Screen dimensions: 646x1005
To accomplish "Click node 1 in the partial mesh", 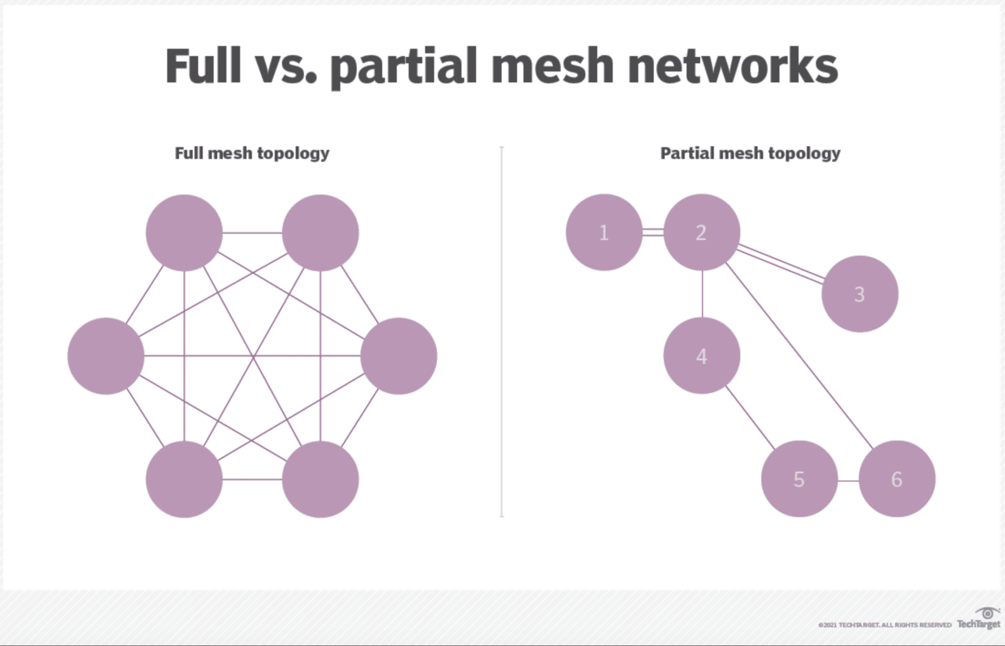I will pyautogui.click(x=604, y=232).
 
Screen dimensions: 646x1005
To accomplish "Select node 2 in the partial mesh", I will pyautogui.click(x=702, y=232).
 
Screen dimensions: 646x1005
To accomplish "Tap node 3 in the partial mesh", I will pyautogui.click(x=860, y=294).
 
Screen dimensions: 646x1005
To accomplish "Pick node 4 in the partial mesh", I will pyautogui.click(x=702, y=356).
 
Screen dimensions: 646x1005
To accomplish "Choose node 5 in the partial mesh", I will pyautogui.click(x=799, y=479).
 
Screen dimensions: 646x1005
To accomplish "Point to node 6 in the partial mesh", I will pyautogui.click(x=897, y=479).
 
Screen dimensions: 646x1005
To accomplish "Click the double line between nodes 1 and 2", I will pyautogui.click(x=653, y=232).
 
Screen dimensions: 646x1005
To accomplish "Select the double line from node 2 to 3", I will pyautogui.click(x=780, y=263).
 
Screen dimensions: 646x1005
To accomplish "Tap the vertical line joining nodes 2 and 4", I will pyautogui.click(x=702, y=294).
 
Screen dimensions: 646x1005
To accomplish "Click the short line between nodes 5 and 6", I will pyautogui.click(x=848, y=480).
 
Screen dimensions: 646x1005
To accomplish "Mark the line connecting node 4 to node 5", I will pyautogui.click(x=750, y=417).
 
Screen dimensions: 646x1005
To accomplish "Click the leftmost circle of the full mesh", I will pyautogui.click(x=106, y=356).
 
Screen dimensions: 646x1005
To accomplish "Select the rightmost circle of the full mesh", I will pyautogui.click(x=398, y=356).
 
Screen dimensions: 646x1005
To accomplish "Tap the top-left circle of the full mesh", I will pyautogui.click(x=184, y=233).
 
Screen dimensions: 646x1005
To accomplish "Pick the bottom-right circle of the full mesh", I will pyautogui.click(x=320, y=479).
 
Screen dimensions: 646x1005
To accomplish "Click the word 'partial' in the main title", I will pyautogui.click(x=403, y=66).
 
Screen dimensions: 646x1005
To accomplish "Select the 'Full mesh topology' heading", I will pyautogui.click(x=252, y=154).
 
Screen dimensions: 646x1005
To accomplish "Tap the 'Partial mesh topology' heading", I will pyautogui.click(x=750, y=154).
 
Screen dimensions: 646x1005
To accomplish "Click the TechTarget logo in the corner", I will pyautogui.click(x=979, y=619).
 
